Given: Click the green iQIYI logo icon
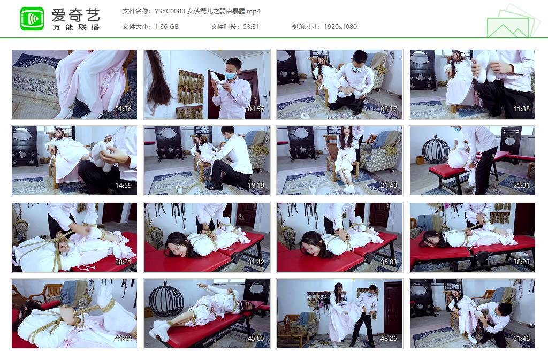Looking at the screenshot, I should [32, 19].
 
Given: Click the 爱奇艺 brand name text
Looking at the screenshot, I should [75, 14].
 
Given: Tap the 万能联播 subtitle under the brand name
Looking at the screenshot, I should [75, 28].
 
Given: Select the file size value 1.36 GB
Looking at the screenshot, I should [166, 27].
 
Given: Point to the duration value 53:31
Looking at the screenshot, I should [250, 27].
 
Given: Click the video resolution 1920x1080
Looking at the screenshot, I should [340, 27].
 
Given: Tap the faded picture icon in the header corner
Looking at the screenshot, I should [511, 22].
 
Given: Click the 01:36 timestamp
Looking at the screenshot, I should [123, 109].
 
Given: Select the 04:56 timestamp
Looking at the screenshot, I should [256, 109].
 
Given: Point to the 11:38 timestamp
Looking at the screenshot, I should [521, 109].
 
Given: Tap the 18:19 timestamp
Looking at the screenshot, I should [256, 186].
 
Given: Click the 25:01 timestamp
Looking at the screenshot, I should [521, 186].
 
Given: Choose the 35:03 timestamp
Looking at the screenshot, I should [389, 262].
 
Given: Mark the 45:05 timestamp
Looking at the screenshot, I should [256, 339].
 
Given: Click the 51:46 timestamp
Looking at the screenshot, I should [521, 339].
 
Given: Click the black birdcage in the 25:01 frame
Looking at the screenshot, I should [436, 149].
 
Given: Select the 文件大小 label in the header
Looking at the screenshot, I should [136, 27].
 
